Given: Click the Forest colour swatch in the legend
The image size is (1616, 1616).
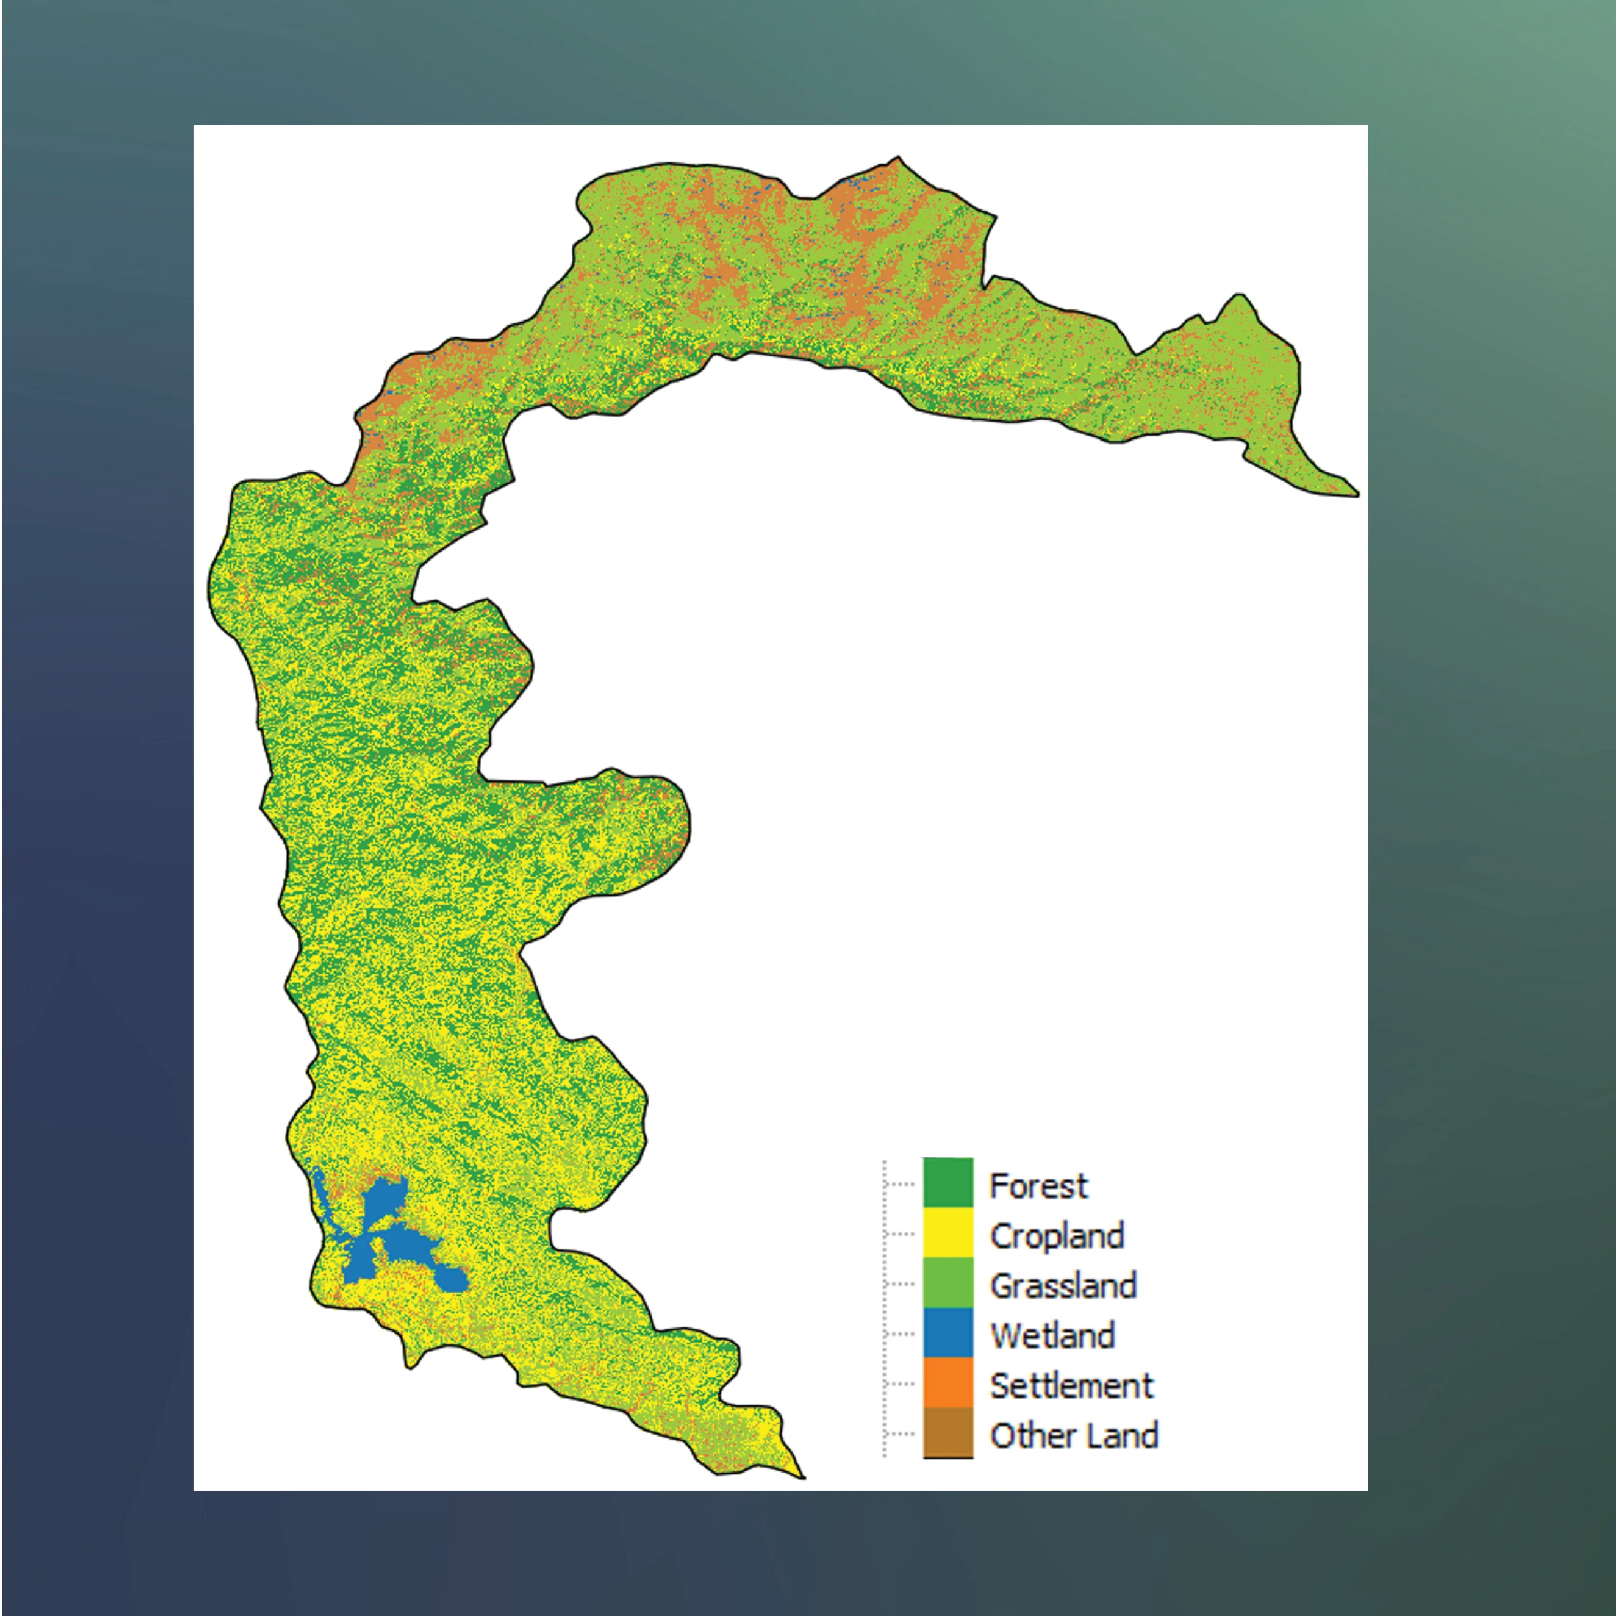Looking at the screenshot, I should click(948, 1182).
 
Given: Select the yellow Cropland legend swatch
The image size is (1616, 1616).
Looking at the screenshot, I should click(948, 1232).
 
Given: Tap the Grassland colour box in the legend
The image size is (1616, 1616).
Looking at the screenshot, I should click(948, 1282).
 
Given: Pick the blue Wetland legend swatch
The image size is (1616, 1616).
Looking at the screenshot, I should click(948, 1332).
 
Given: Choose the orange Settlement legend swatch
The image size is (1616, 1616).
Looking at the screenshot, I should click(948, 1383).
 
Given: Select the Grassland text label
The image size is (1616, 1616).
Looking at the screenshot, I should click(1063, 1286).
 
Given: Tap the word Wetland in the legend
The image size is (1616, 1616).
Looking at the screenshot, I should click(1052, 1336).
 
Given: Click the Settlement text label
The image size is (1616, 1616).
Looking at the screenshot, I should click(1071, 1386).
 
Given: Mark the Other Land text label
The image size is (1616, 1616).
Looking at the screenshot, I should click(1074, 1435).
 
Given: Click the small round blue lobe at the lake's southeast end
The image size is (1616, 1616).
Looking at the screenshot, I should click(452, 1279).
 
